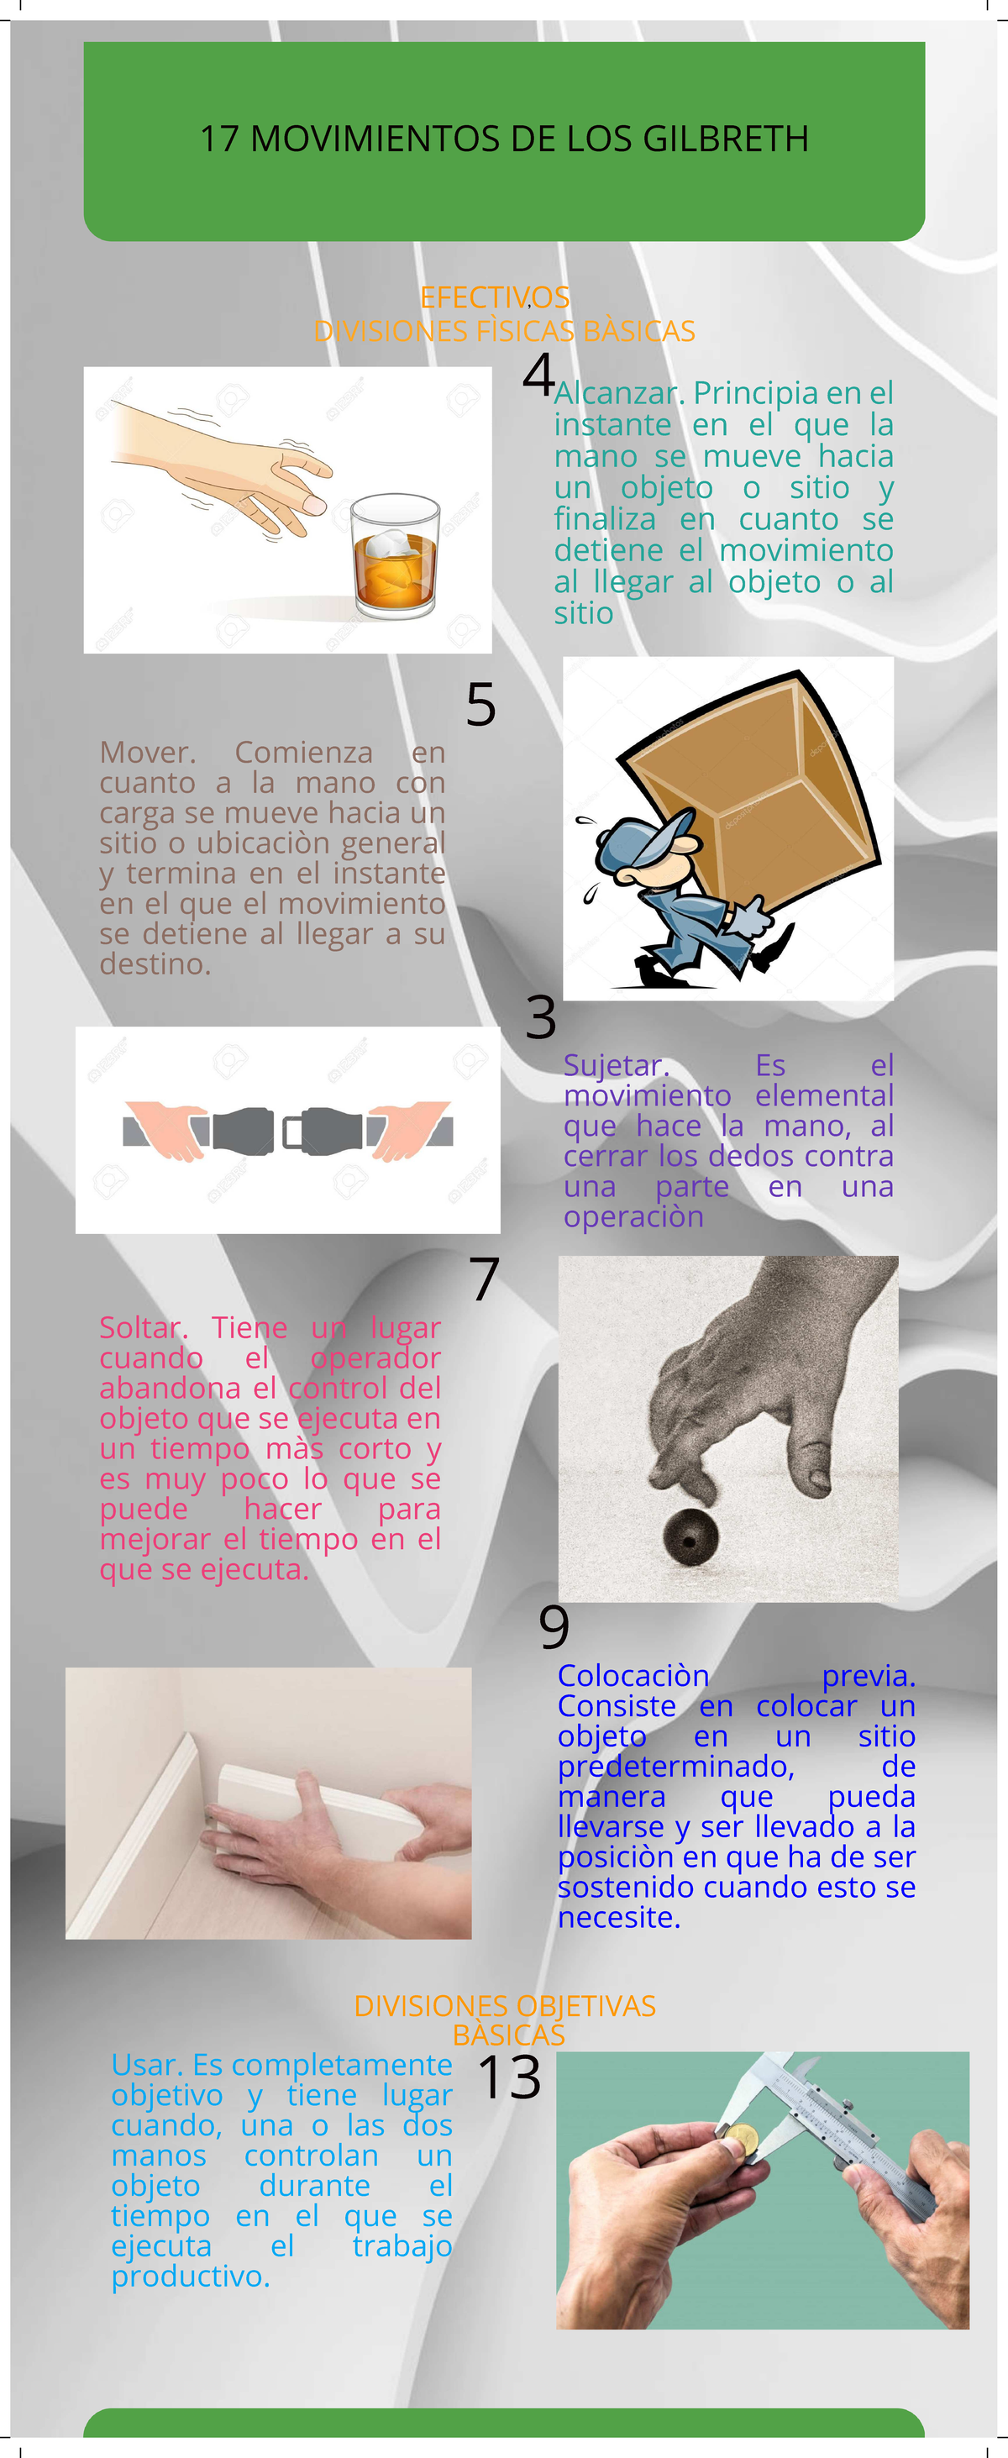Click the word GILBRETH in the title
[726, 139]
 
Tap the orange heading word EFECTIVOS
[495, 297]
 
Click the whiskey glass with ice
[394, 555]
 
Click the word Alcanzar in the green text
[617, 393]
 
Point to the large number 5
[481, 705]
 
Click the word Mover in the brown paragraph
[147, 753]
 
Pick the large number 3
[540, 1018]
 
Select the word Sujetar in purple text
[616, 1065]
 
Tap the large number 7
[484, 1279]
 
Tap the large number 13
[509, 2077]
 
